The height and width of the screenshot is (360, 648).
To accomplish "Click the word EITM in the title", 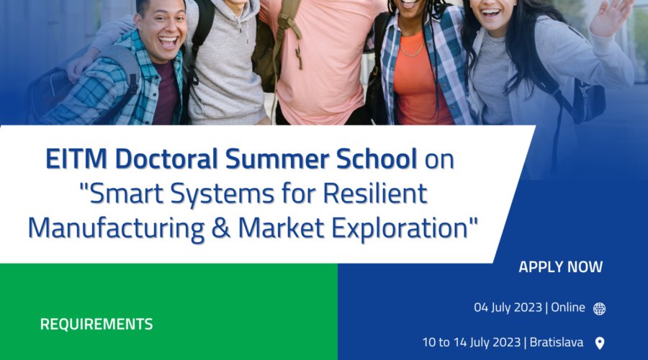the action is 76,158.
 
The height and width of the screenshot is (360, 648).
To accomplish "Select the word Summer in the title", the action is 277,158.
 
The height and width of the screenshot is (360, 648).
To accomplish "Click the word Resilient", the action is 375,193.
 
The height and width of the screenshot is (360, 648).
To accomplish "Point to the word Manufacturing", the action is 116,228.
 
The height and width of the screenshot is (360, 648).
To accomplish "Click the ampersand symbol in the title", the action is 221,228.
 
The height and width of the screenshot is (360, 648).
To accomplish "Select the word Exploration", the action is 400,228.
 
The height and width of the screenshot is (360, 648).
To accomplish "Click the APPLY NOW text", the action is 560,267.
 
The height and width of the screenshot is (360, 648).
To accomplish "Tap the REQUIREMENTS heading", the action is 96,324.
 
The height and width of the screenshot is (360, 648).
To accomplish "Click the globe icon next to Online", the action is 599,308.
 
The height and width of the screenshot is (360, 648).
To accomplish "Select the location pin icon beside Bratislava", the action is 600,343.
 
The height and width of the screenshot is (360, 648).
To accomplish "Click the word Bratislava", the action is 557,342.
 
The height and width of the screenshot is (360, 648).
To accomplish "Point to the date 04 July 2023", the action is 508,307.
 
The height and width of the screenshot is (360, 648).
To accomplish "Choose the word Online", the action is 568,307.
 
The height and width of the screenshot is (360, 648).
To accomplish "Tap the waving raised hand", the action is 610,17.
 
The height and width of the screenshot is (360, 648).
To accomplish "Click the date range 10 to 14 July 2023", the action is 471,342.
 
